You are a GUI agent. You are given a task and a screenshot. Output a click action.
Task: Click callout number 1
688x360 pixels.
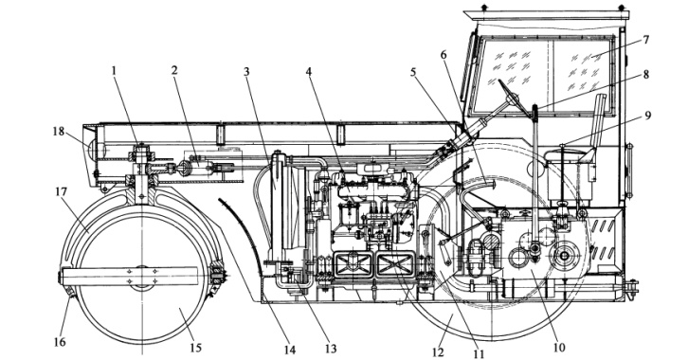[115, 71]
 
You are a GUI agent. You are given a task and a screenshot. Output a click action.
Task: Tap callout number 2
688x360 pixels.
[174, 71]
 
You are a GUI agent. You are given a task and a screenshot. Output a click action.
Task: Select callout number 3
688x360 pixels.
[246, 71]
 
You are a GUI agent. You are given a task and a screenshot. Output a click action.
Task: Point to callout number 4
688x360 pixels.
[309, 71]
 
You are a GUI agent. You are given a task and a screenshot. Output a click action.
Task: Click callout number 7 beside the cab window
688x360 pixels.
[645, 40]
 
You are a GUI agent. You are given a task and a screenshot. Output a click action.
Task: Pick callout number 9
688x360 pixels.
[647, 116]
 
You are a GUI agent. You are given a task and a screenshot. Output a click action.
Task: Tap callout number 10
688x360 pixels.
[558, 348]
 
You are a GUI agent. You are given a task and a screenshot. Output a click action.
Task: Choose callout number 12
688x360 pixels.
[438, 351]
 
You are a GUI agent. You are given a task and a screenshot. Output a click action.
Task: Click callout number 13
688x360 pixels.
[331, 349]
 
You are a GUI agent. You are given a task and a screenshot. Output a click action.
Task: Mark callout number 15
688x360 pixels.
[196, 348]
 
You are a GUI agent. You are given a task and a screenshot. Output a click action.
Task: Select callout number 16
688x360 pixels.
[60, 342]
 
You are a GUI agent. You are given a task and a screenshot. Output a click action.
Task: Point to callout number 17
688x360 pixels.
[61, 191]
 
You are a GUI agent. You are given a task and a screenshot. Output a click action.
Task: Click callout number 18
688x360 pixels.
[59, 131]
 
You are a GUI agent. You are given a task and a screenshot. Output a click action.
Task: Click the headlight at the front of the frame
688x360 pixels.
[93, 150]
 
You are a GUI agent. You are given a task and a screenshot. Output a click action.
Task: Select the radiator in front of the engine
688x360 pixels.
[286, 207]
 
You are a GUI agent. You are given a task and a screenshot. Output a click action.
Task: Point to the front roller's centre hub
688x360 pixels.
[142, 277]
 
